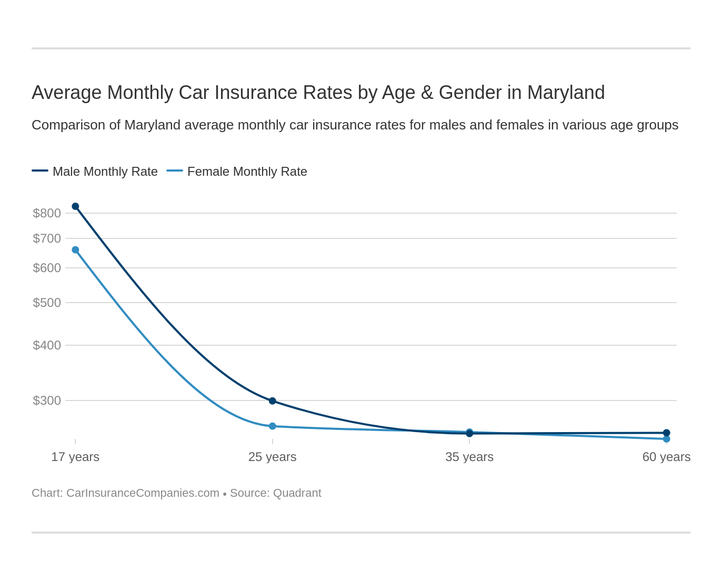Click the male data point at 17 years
coord(75,206)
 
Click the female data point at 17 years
coord(75,250)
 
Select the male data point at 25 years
coord(273,401)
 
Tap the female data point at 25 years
coord(273,426)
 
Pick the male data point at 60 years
coord(667,433)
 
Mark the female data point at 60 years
coord(667,439)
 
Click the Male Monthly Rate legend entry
coord(95,172)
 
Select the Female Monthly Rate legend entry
coord(237,172)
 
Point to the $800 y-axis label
coord(47,213)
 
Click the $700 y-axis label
coord(47,238)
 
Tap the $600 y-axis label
coord(47,268)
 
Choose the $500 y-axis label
coord(47,303)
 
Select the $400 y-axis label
coord(47,345)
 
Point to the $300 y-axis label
coord(47,400)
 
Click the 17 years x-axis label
coord(75,457)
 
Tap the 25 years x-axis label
coord(273,457)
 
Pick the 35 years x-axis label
coord(469,457)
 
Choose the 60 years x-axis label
coord(666,457)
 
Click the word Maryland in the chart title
coord(566,93)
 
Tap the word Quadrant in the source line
coord(297,493)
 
